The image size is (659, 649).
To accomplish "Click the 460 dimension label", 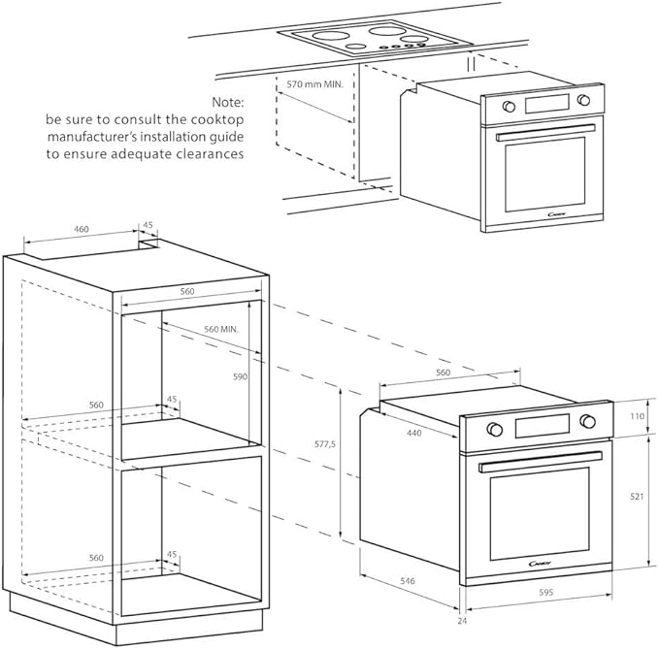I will tap(82, 230).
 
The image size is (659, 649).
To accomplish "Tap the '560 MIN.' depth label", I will tap(221, 330).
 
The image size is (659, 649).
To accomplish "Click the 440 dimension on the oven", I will tap(413, 433).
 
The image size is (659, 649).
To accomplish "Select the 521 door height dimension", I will tap(637, 497).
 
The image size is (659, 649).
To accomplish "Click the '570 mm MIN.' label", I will tap(316, 84).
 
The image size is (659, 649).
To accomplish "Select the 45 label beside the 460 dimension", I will tap(148, 225).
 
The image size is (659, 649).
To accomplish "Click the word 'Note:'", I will tap(229, 101).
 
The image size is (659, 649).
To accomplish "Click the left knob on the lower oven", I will tap(493, 428).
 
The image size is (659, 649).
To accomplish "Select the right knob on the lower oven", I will tap(587, 420).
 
